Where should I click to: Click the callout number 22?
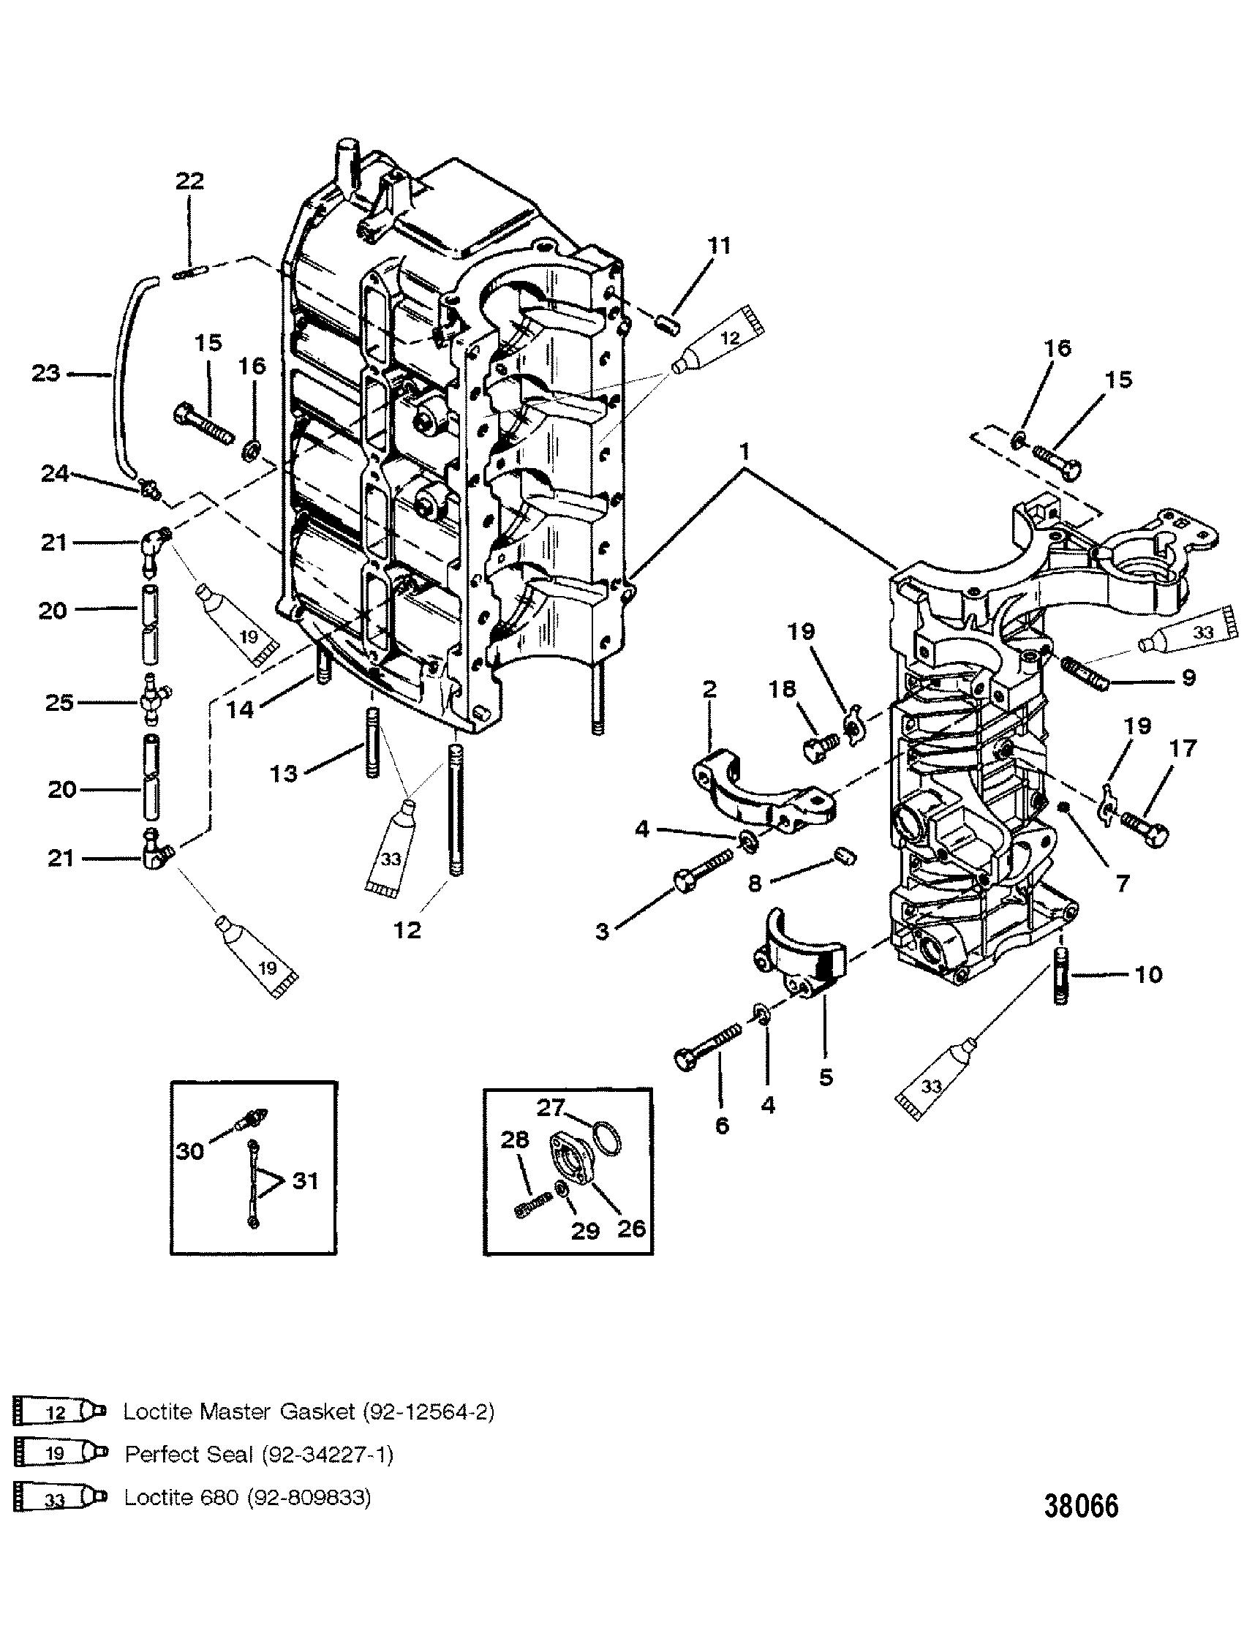(189, 181)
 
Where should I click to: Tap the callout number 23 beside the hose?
(45, 372)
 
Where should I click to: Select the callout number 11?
(719, 246)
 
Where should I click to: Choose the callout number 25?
(60, 703)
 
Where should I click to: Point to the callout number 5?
(826, 1077)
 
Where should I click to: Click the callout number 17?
(1183, 747)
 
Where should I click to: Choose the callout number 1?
(745, 451)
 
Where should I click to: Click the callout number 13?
(284, 774)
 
